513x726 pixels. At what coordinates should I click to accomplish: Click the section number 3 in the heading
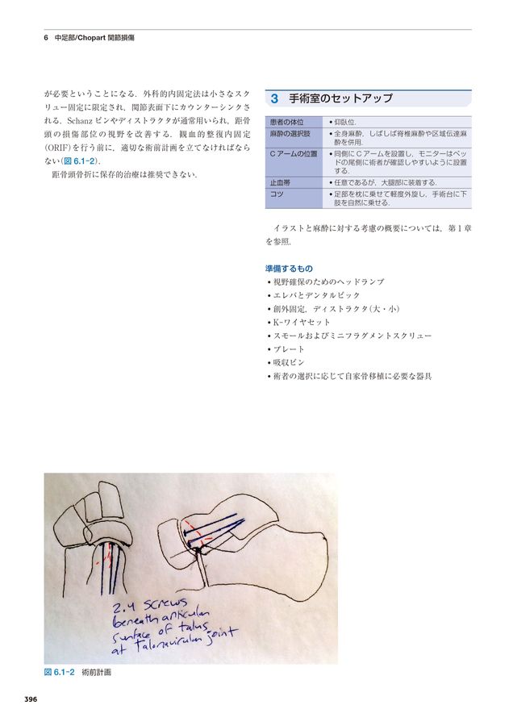[275, 98]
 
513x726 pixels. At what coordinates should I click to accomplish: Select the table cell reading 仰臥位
[348, 121]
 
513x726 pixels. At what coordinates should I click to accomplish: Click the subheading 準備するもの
[289, 268]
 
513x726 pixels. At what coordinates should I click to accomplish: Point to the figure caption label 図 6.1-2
[59, 672]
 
